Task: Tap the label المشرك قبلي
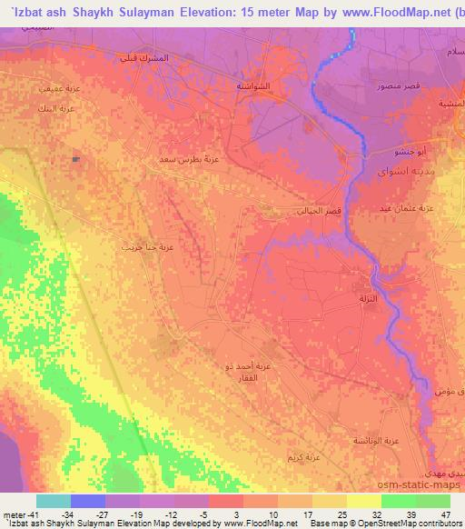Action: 145,58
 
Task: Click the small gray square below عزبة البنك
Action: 75,159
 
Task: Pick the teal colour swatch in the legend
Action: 54,501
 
